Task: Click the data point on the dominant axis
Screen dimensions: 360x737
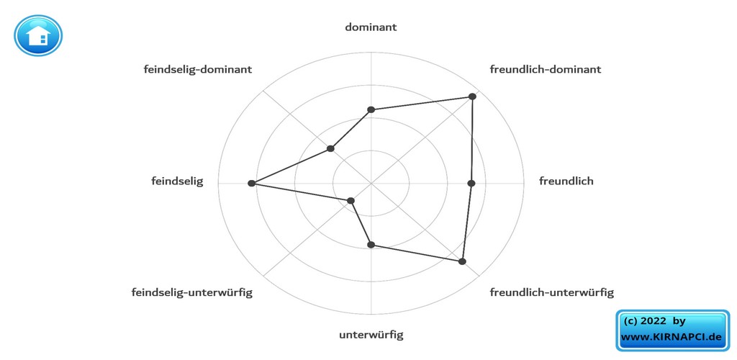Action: (371, 110)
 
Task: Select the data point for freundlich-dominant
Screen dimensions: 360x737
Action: (473, 96)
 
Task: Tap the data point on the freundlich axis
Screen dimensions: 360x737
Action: (471, 184)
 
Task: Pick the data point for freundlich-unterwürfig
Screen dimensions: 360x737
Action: (463, 261)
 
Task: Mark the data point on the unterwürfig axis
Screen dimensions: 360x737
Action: (371, 245)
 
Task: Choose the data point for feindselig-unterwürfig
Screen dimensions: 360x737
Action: (351, 201)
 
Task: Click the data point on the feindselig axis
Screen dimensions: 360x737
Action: (251, 184)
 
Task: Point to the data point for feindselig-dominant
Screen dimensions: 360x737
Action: (330, 149)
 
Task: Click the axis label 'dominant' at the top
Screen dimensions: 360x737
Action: (371, 27)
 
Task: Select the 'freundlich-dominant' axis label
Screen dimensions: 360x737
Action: (545, 70)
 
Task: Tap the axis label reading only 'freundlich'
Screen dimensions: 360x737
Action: (566, 181)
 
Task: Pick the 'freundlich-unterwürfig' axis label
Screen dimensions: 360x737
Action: (551, 292)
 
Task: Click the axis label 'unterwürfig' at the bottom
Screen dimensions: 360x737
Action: (371, 335)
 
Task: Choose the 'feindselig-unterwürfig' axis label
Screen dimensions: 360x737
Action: (191, 292)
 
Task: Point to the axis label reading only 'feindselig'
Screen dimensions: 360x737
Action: (177, 181)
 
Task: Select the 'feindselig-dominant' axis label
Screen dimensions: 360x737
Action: (197, 70)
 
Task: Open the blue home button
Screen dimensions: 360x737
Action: (38, 36)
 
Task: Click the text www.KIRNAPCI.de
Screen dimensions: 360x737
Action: (671, 337)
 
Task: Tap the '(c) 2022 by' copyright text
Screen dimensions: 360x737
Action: (654, 321)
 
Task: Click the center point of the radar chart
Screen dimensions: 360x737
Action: (371, 184)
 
